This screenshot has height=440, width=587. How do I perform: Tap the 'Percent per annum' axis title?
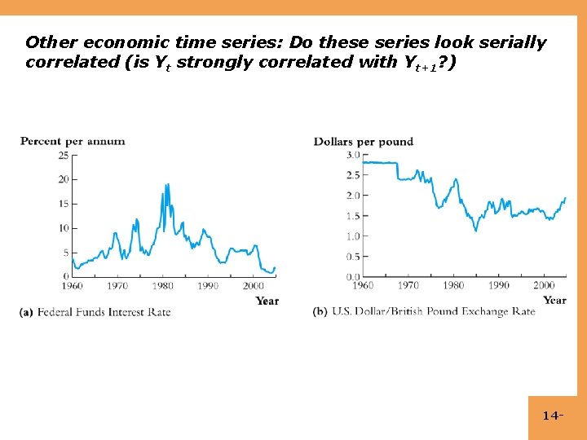(x=73, y=141)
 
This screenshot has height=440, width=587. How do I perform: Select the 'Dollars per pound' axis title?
(x=364, y=142)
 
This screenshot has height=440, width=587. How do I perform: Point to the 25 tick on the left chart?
(x=64, y=155)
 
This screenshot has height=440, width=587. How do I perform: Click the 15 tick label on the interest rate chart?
(x=64, y=204)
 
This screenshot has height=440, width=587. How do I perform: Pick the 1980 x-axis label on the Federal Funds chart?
(x=162, y=287)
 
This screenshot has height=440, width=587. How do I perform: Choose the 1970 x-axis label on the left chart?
(x=117, y=287)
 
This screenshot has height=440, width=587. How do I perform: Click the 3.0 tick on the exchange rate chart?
(x=353, y=155)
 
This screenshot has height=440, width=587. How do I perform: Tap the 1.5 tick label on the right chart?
(x=353, y=216)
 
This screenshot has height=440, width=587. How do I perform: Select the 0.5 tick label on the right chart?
(x=353, y=257)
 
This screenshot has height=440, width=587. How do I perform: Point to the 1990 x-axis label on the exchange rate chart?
(x=499, y=286)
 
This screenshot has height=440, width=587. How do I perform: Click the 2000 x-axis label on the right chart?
(x=544, y=286)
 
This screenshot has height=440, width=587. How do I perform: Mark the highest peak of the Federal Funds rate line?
(x=166, y=185)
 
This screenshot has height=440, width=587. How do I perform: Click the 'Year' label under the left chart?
(x=267, y=301)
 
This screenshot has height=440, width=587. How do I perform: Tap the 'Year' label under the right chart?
(x=554, y=300)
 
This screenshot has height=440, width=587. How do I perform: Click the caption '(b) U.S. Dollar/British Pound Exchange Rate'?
(x=424, y=312)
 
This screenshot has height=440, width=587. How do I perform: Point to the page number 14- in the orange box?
(x=553, y=416)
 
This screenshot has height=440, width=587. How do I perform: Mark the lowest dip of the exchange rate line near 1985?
(x=476, y=231)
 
